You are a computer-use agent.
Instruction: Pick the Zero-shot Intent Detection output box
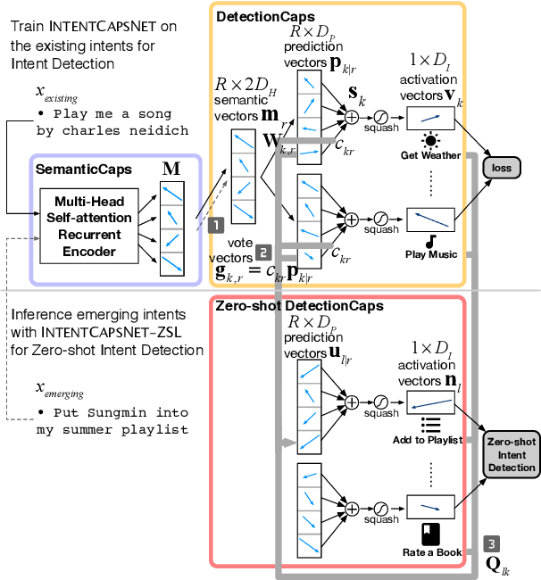point(512,454)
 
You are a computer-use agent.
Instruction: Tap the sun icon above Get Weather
point(430,140)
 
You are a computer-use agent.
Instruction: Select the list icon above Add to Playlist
point(430,425)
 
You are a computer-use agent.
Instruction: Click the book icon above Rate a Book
point(430,534)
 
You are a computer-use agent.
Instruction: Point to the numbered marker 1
point(214,228)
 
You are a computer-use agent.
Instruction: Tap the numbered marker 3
point(492,543)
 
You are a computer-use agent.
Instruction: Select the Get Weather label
point(430,155)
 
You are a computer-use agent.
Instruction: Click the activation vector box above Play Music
point(430,219)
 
